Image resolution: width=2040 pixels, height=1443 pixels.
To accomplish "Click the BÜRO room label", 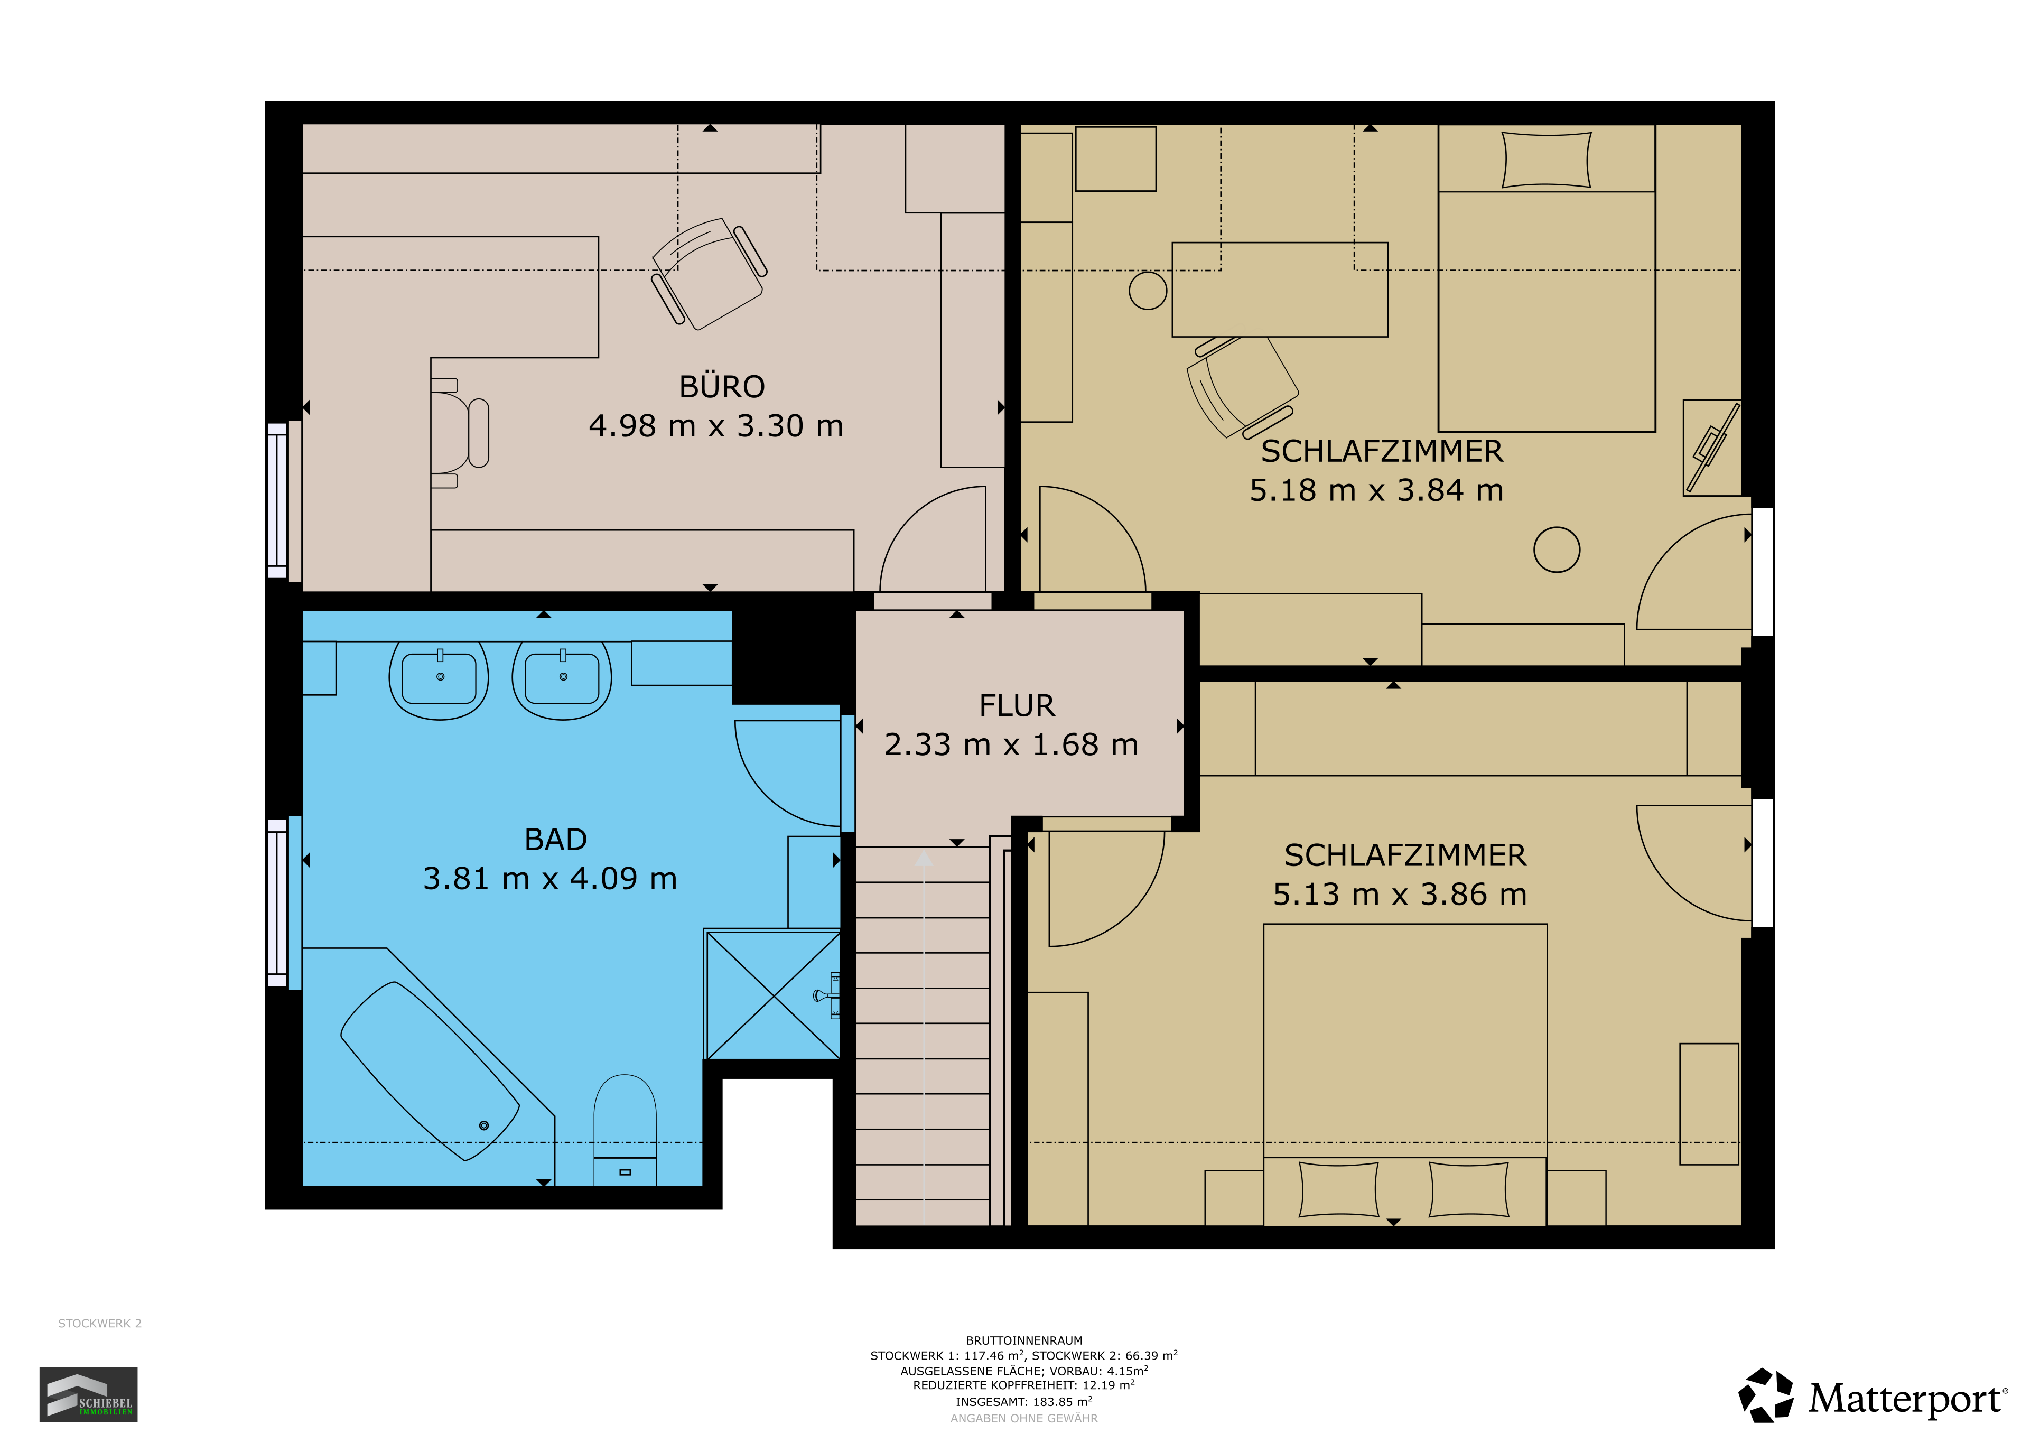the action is tap(721, 387).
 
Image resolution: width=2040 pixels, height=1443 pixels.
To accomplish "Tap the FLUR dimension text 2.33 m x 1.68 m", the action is tap(1011, 744).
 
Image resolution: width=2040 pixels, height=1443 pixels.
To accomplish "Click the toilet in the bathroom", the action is tap(625, 1130).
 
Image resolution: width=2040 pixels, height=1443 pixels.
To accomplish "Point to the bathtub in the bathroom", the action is tap(430, 1070).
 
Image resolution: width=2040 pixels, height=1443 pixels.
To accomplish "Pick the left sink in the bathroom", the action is tap(439, 679).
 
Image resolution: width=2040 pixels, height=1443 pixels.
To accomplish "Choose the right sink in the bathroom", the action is tap(562, 679).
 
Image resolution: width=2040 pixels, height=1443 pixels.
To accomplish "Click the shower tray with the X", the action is tap(773, 994).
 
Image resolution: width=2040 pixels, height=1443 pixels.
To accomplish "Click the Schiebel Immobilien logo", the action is tap(88, 1394).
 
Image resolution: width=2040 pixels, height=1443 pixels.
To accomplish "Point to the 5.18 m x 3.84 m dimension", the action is tap(1376, 490).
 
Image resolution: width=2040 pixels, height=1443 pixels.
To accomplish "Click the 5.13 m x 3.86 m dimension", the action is tap(1400, 895).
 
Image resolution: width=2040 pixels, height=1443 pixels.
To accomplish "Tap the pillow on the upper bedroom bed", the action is tap(1546, 160).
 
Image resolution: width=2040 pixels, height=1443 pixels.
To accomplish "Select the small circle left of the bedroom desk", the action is tap(1148, 291).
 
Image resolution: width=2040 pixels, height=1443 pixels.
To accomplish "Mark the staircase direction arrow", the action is tap(924, 858).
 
